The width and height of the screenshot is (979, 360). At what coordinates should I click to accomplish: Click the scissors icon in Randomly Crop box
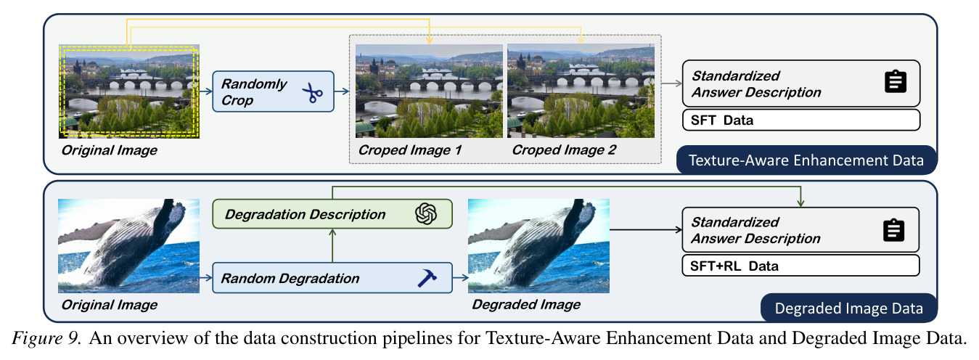click(x=313, y=93)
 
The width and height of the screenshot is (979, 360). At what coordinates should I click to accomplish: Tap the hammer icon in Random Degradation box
click(x=427, y=278)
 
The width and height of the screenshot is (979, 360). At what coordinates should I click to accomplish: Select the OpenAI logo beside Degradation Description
click(x=426, y=213)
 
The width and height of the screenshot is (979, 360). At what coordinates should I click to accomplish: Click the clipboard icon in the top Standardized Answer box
click(x=896, y=82)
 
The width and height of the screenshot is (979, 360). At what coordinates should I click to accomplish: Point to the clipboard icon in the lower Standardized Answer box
click(x=894, y=230)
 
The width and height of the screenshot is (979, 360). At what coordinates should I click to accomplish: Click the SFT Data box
click(x=801, y=120)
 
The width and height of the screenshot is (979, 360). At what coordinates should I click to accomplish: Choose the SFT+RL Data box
click(x=800, y=266)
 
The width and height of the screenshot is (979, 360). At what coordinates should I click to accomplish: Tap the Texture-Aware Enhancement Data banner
click(x=806, y=160)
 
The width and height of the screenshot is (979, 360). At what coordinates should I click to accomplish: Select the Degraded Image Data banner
click(x=849, y=308)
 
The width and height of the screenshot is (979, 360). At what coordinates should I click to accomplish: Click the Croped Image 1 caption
click(x=410, y=150)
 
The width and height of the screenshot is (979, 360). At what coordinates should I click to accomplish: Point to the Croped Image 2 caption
click(x=564, y=150)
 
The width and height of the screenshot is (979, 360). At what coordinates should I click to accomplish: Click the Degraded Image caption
click(x=526, y=305)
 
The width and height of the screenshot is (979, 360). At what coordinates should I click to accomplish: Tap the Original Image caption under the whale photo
click(x=110, y=305)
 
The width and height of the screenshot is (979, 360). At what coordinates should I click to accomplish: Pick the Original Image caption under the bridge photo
click(x=110, y=150)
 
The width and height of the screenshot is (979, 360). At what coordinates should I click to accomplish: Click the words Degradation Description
click(x=305, y=215)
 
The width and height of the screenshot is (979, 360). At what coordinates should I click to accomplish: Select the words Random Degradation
click(x=290, y=278)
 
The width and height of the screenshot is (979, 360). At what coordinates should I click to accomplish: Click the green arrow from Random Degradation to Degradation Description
click(x=332, y=245)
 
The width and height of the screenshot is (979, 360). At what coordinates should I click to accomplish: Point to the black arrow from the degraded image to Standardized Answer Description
click(x=646, y=230)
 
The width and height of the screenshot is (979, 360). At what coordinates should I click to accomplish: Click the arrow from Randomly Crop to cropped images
click(x=342, y=91)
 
